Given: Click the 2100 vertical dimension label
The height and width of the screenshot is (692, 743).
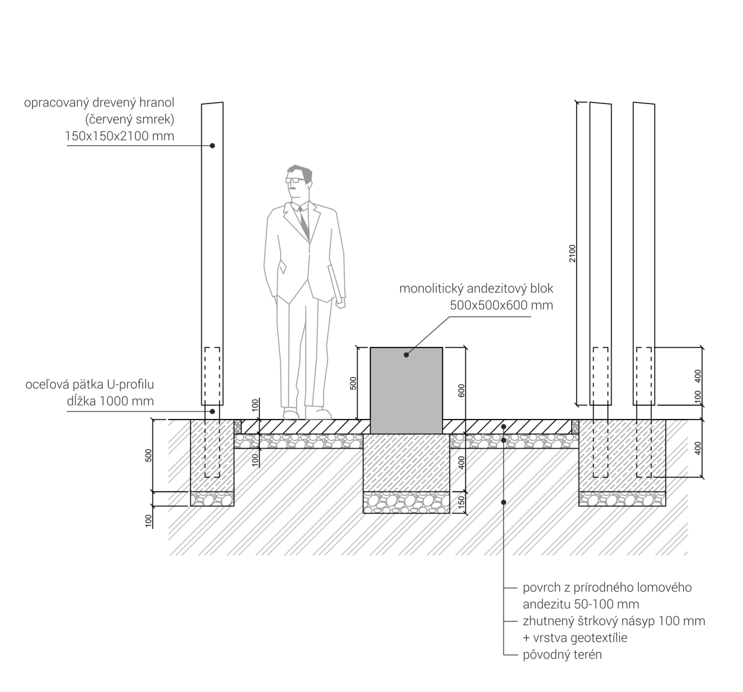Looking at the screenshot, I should pyautogui.click(x=572, y=253).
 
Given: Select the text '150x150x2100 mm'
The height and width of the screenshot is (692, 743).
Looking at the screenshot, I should pyautogui.click(x=119, y=136).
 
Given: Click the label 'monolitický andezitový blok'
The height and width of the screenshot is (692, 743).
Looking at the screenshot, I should pyautogui.click(x=476, y=288).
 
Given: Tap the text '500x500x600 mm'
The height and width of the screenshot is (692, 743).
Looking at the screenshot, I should pyautogui.click(x=501, y=305).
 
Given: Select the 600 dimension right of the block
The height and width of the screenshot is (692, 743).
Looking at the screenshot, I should pyautogui.click(x=461, y=391).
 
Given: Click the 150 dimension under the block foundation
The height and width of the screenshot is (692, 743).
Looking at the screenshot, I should pyautogui.click(x=461, y=502).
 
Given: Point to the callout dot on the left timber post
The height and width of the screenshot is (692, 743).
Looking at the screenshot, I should pyautogui.click(x=212, y=146).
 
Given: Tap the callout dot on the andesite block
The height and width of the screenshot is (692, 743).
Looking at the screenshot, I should pyautogui.click(x=406, y=354).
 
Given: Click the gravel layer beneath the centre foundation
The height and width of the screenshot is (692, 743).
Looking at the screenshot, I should pyautogui.click(x=405, y=502).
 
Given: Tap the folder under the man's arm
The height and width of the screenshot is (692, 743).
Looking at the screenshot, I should pyautogui.click(x=336, y=283).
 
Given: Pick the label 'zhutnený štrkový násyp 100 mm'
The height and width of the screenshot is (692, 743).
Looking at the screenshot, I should pyautogui.click(x=614, y=621).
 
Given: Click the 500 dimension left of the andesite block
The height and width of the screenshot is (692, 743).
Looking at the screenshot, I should pyautogui.click(x=353, y=384).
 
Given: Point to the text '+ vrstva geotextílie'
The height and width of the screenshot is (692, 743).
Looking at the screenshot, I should pyautogui.click(x=575, y=638).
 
